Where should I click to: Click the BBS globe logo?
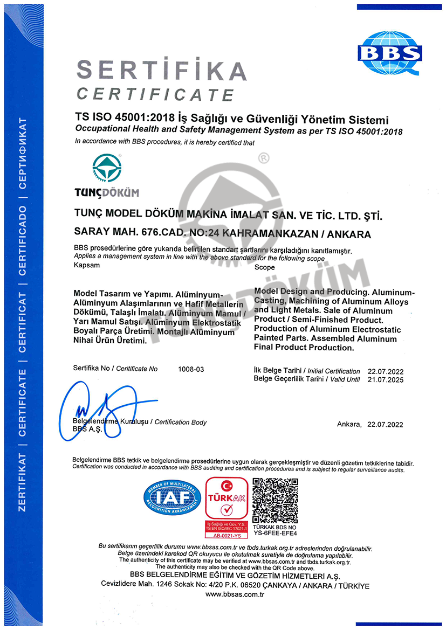[390, 52]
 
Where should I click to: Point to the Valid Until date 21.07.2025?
[385, 379]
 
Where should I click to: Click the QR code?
[275, 501]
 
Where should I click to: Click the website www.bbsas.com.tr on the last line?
[234, 594]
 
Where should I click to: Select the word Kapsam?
[84, 267]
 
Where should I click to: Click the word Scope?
[264, 267]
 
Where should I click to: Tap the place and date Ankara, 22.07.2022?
[370, 425]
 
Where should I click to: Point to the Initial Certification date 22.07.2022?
[385, 371]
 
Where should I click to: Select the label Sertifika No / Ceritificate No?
[115, 369]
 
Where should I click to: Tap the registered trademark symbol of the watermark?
[264, 158]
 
